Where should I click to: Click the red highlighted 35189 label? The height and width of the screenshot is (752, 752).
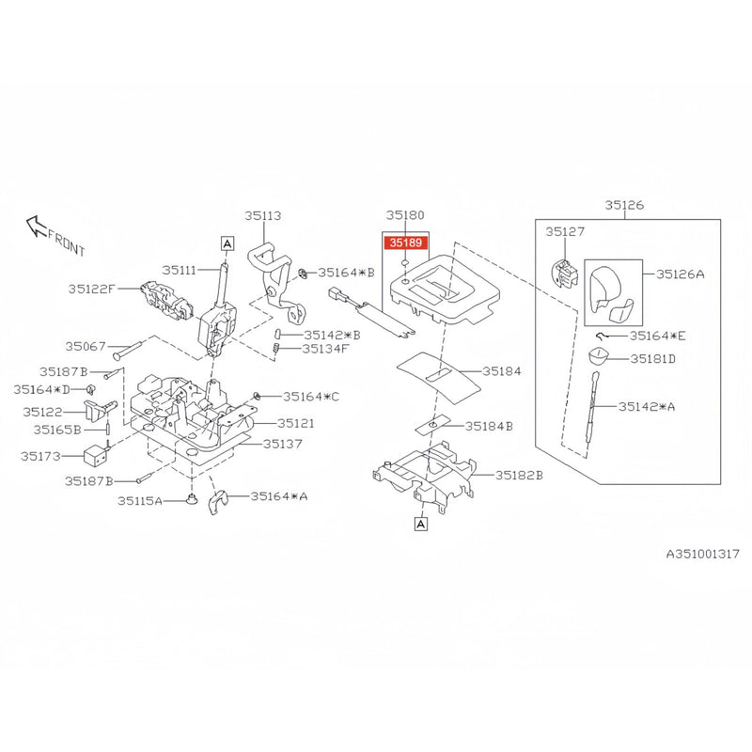pyautogui.click(x=406, y=243)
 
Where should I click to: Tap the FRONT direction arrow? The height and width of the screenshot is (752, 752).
pyautogui.click(x=37, y=226)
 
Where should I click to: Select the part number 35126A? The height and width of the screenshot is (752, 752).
pyautogui.click(x=680, y=274)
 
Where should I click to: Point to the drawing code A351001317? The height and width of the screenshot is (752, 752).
pyautogui.click(x=702, y=554)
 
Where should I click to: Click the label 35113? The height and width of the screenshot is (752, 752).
pyautogui.click(x=263, y=216)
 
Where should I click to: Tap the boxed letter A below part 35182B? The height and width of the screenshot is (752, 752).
pyautogui.click(x=420, y=525)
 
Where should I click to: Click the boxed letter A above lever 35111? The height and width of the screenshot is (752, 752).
pyautogui.click(x=227, y=243)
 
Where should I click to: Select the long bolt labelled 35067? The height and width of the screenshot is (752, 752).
pyautogui.click(x=129, y=350)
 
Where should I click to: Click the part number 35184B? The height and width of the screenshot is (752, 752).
pyautogui.click(x=489, y=426)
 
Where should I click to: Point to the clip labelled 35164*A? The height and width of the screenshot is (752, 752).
pyautogui.click(x=218, y=502)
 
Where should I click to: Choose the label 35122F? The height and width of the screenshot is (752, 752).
pyautogui.click(x=91, y=289)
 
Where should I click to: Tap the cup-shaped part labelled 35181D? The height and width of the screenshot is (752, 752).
pyautogui.click(x=598, y=357)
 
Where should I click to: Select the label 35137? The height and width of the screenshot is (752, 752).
pyautogui.click(x=283, y=444)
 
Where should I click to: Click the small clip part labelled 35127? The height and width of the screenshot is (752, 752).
pyautogui.click(x=565, y=274)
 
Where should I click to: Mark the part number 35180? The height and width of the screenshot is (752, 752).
pyautogui.click(x=405, y=215)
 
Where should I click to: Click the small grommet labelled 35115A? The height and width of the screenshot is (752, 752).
pyautogui.click(x=192, y=500)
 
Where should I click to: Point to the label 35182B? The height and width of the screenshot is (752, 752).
pyautogui.click(x=519, y=475)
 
